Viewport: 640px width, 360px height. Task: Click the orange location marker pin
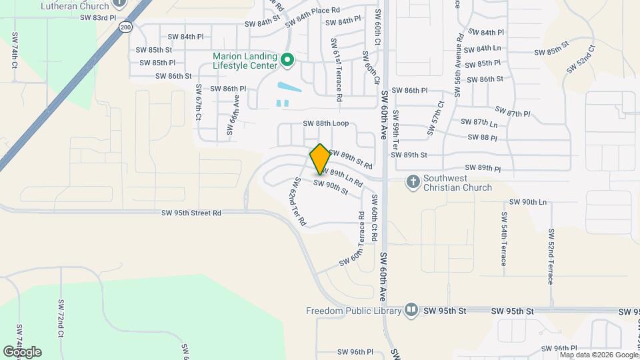(320, 158)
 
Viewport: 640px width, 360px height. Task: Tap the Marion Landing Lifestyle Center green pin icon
(287, 61)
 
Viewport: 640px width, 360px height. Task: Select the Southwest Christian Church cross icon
(413, 181)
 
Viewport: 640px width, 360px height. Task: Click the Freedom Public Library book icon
(411, 311)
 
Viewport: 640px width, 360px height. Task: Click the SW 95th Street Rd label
(191, 213)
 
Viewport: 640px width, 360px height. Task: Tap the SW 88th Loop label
(326, 123)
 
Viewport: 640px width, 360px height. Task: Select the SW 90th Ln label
(527, 202)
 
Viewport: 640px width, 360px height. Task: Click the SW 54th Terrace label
(504, 239)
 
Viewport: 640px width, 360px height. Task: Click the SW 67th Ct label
(198, 103)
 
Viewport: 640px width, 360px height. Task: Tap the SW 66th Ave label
(233, 114)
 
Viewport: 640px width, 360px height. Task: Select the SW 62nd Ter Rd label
(298, 201)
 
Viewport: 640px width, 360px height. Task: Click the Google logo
(22, 351)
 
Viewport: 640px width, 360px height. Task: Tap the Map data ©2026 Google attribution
(599, 355)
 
